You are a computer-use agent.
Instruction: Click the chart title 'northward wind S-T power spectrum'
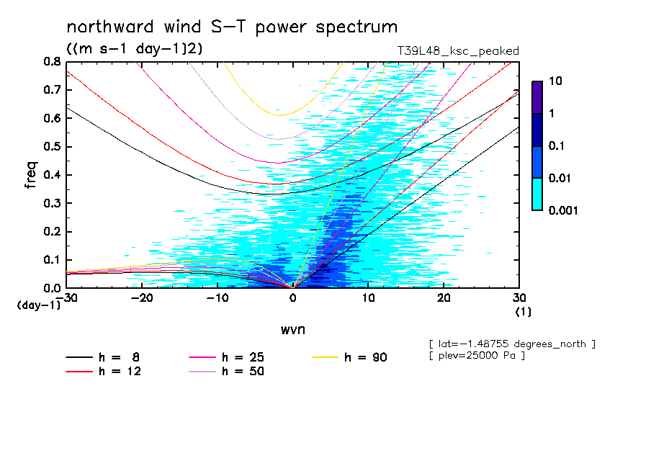click(232, 27)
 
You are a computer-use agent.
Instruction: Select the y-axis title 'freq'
click(31, 175)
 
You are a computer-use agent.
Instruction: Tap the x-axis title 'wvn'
click(292, 329)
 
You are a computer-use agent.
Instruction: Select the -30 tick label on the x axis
click(67, 298)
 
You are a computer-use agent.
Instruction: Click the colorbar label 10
click(555, 82)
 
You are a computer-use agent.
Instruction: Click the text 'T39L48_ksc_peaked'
click(458, 50)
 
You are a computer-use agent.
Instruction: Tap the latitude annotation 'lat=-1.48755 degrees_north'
click(512, 344)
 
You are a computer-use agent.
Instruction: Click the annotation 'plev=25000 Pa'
click(477, 356)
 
